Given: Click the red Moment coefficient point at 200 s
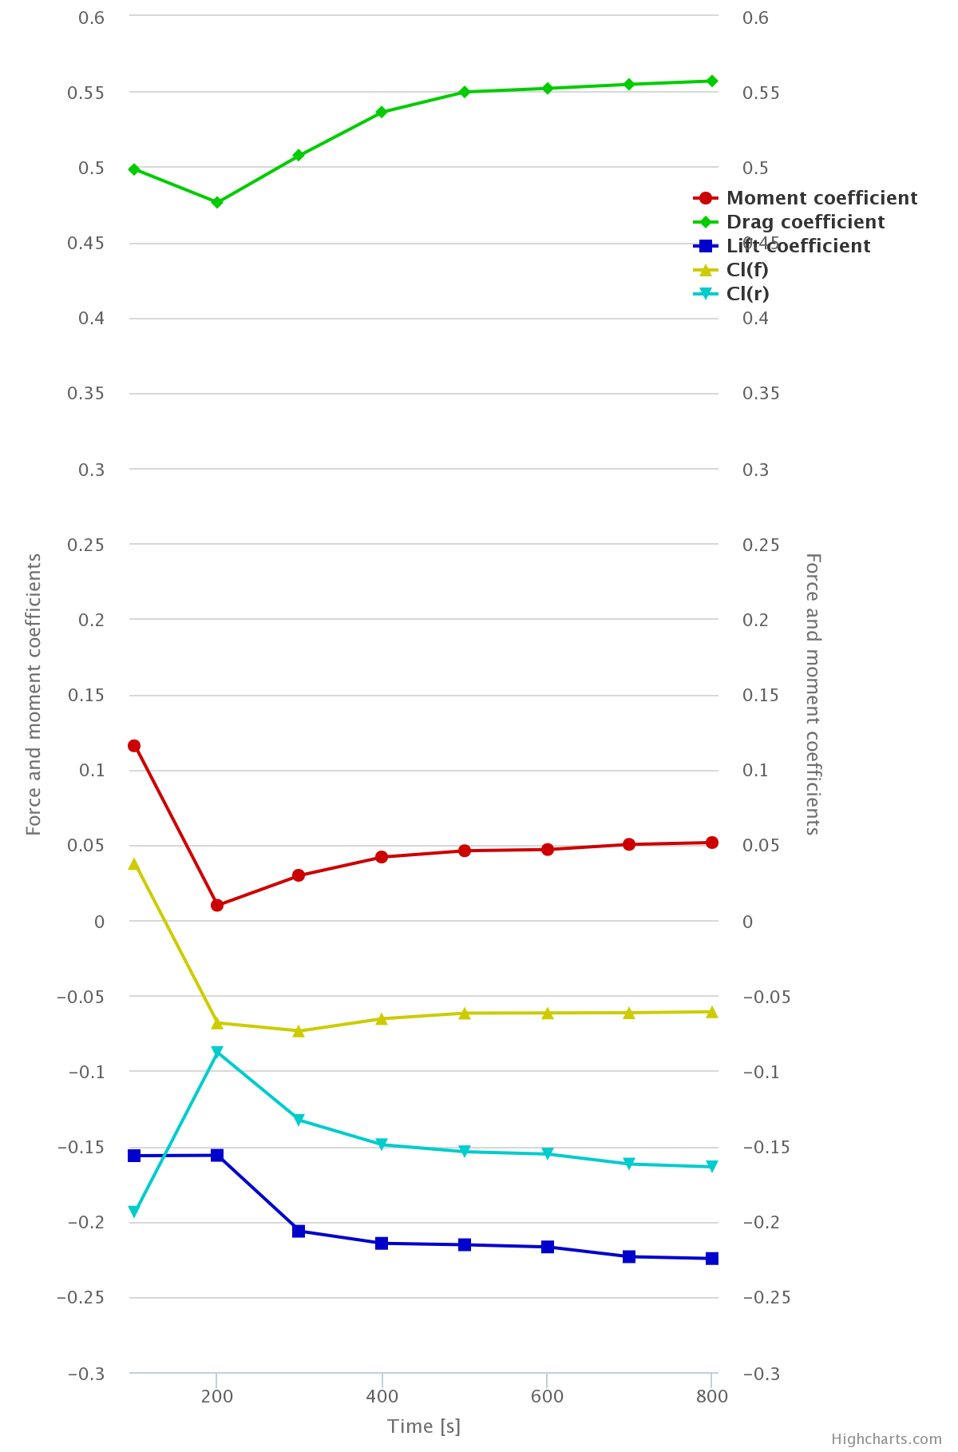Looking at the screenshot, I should [x=217, y=905].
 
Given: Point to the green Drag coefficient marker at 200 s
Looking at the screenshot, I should [x=217, y=203].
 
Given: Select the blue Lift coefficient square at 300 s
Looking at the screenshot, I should [x=299, y=1231].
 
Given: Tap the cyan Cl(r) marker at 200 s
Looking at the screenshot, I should [x=217, y=1052].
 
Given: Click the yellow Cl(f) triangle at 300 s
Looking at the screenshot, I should [x=299, y=1031].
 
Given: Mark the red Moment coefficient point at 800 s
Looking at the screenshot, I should [x=712, y=843].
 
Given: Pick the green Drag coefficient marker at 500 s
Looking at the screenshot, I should [x=465, y=92].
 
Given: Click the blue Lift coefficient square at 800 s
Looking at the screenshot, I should [x=712, y=1259].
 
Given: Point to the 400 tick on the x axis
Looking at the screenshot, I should [x=382, y=1396].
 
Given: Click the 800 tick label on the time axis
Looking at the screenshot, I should [x=712, y=1396].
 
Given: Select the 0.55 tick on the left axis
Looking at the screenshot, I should [x=91, y=93].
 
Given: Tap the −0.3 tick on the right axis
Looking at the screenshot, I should [x=767, y=1375].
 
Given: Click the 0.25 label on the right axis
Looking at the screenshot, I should [x=762, y=545].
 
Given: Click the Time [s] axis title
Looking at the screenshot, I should [x=424, y=1426].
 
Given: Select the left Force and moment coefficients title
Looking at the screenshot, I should [x=34, y=695].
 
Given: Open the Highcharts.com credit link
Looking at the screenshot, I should [x=886, y=1439].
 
